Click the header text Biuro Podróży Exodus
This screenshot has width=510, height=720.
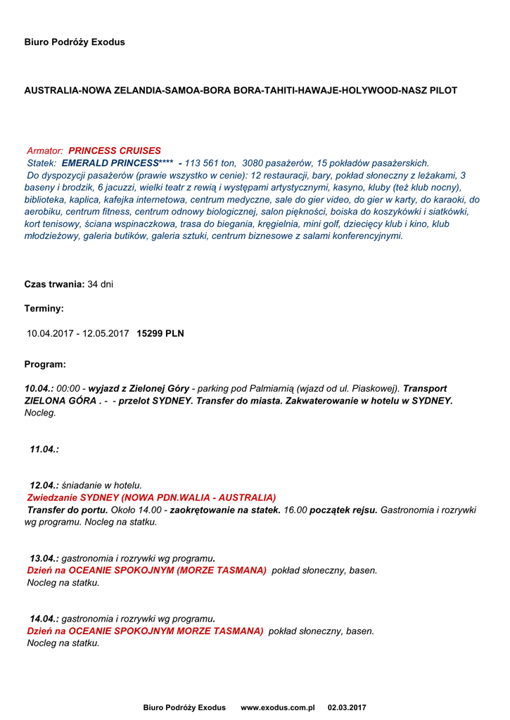(75, 42)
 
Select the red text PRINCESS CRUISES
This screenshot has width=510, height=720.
(115, 150)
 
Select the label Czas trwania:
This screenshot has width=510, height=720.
(54, 284)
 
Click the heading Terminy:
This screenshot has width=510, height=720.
(44, 309)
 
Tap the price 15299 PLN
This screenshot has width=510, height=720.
(160, 333)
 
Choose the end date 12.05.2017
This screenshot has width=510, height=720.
(106, 333)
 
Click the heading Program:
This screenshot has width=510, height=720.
(45, 364)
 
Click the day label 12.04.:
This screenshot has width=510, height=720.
(44, 485)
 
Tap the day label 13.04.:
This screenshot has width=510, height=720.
(44, 558)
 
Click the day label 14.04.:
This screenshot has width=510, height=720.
(44, 619)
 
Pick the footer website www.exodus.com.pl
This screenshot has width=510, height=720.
(277, 707)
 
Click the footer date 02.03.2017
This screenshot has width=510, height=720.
(347, 707)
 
